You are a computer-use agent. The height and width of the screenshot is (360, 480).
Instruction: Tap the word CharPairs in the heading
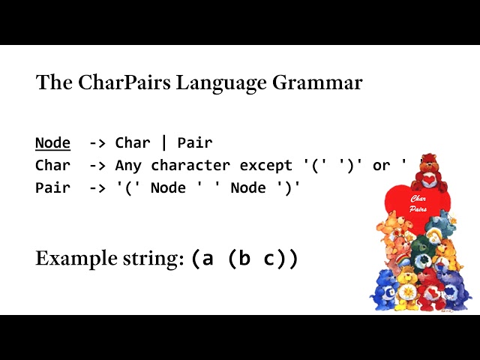(124, 82)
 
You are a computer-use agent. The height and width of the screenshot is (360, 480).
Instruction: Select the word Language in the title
(221, 83)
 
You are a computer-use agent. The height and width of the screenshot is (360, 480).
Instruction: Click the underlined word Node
(52, 143)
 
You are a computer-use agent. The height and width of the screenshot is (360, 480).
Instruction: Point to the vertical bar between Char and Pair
(164, 142)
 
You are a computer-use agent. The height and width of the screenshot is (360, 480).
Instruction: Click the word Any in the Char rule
(128, 166)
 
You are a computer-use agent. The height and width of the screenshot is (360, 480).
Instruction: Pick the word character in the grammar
(190, 165)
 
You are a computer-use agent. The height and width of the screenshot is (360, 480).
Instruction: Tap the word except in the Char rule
(265, 166)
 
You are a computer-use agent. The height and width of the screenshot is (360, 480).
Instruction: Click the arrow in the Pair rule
(97, 188)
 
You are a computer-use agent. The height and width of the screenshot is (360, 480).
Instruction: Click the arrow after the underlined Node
(97, 143)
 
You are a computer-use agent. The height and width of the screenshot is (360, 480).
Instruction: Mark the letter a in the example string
(207, 259)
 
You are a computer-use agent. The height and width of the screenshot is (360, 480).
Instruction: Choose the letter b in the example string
(244, 257)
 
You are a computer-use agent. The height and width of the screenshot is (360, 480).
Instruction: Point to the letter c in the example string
(269, 259)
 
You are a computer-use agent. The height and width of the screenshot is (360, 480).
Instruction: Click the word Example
(76, 259)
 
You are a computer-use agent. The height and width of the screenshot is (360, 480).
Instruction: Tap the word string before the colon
(151, 259)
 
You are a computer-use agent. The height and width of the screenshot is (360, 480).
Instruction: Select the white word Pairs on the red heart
(418, 209)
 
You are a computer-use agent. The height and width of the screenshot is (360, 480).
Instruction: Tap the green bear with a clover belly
(423, 252)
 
